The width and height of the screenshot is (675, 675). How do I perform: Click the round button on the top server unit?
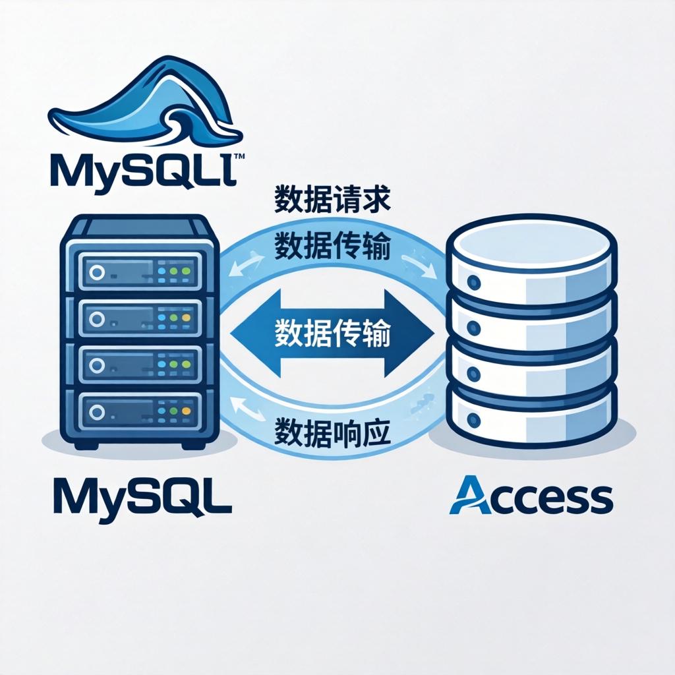98,271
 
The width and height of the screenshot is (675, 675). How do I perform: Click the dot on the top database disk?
473,283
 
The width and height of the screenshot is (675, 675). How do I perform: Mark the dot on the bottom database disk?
473,418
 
